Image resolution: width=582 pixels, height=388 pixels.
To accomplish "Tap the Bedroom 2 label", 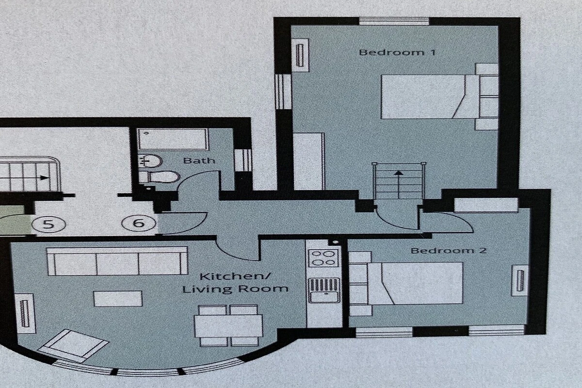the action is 449,251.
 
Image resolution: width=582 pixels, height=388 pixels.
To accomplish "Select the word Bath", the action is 199,161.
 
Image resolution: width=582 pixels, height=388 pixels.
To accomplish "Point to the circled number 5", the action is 48,224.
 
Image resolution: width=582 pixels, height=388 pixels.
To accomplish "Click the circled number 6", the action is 139,223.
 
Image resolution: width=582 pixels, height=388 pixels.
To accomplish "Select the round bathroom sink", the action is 150,161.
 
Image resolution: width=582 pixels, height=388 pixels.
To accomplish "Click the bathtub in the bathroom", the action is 173,139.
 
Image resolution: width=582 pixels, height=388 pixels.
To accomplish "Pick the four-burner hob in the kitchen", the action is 323,258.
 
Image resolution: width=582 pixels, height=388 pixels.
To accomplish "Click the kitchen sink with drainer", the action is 324,291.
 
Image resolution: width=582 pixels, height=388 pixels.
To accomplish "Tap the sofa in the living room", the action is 117,261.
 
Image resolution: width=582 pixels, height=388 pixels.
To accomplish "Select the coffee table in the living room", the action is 118,299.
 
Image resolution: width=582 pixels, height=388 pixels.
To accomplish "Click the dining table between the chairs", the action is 228,326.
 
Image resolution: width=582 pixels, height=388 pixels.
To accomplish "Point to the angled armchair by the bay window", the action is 73,346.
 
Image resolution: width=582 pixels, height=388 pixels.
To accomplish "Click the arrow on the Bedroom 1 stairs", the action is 398,185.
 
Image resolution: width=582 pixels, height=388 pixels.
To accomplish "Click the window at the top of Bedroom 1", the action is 394,21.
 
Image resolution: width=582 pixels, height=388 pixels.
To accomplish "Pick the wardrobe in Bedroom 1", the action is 309,162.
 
